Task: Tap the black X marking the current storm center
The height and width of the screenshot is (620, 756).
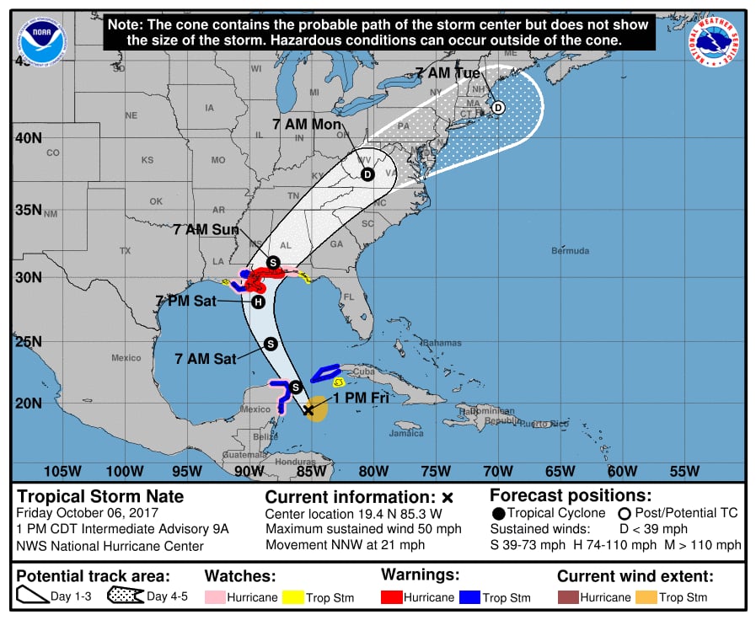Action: (308, 410)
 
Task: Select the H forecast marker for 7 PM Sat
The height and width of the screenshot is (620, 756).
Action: (258, 302)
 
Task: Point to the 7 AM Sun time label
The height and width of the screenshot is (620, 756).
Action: (206, 229)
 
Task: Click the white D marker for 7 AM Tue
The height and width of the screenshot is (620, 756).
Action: (498, 108)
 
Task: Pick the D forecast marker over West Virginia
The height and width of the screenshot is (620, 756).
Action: (367, 174)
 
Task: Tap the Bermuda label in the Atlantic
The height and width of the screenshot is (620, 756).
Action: (570, 251)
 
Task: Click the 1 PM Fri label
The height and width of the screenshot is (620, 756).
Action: (361, 398)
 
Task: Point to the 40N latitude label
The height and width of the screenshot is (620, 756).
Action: (29, 137)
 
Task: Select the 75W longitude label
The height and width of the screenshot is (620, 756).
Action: (436, 471)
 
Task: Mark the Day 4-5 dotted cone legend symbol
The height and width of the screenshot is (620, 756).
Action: (125, 597)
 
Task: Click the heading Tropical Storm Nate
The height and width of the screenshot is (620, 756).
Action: (100, 496)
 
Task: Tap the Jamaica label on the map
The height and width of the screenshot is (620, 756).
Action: (406, 433)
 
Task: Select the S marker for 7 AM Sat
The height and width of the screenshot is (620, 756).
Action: (271, 343)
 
